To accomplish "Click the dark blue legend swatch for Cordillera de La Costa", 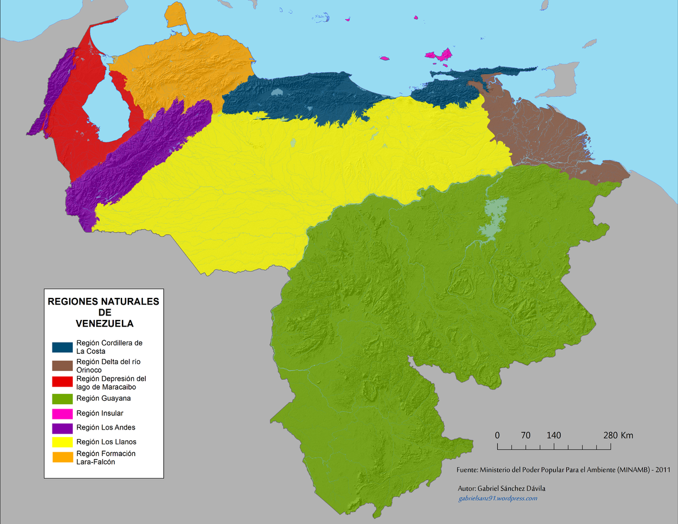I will (x=62, y=347).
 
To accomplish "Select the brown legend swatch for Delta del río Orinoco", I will (x=62, y=365).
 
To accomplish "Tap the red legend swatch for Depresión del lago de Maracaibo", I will (x=62, y=383).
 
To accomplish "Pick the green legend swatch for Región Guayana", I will (x=62, y=398).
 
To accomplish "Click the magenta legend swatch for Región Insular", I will (x=62, y=413).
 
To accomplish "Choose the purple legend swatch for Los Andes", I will (x=62, y=428).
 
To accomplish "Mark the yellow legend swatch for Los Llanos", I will (x=62, y=442).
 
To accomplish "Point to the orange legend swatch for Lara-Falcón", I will (x=62, y=457).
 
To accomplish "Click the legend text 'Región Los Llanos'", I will (x=106, y=442).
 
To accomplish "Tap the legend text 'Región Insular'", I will (x=99, y=413).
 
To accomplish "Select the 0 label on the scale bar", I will (x=497, y=435).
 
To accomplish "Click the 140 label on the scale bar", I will (x=554, y=435).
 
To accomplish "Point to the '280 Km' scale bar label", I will (x=618, y=435).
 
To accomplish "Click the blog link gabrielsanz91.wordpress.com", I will (x=497, y=498).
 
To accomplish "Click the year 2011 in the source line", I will (x=663, y=470).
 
